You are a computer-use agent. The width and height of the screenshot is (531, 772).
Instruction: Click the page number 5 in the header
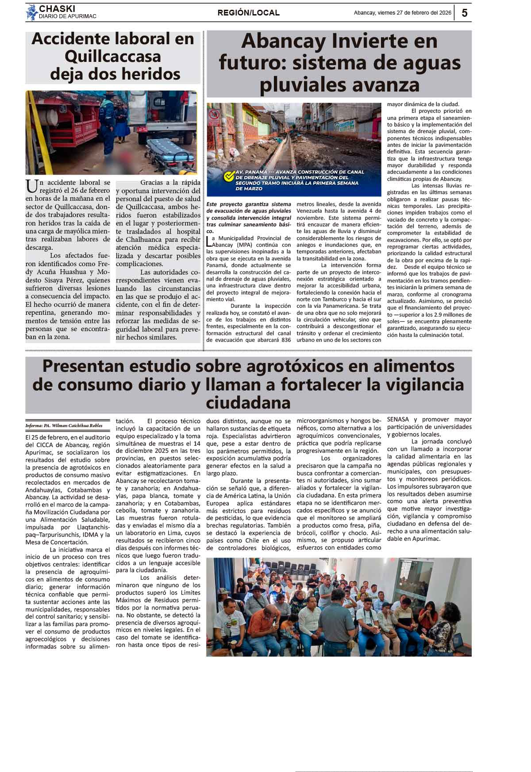click(464, 13)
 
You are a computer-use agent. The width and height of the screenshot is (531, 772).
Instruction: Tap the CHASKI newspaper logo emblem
click(31, 12)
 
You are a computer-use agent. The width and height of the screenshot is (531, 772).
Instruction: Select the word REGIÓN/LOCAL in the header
click(248, 13)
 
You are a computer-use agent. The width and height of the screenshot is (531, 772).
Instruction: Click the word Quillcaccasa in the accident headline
click(112, 57)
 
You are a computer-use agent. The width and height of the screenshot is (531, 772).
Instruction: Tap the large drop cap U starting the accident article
click(31, 186)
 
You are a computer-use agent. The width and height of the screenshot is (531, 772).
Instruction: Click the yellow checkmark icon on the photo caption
click(229, 176)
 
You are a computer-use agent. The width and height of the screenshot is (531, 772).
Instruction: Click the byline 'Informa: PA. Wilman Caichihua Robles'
click(64, 426)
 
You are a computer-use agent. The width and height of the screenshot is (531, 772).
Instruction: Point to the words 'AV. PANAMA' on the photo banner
click(252, 172)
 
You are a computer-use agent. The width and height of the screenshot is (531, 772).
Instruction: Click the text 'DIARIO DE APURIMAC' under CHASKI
click(67, 16)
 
